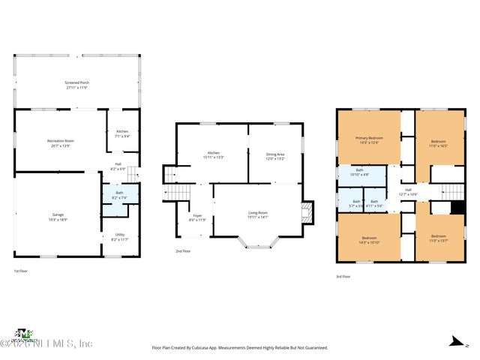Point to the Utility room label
point(119,237)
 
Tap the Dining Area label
point(275,156)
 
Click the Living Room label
point(258,214)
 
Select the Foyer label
point(197,217)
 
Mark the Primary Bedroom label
point(369,140)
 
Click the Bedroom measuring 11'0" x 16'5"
point(439,143)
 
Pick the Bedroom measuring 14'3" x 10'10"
point(370,240)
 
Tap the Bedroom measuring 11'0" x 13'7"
point(439,240)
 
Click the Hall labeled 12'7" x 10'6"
point(408,192)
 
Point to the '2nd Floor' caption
point(183,251)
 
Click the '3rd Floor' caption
point(343,277)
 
